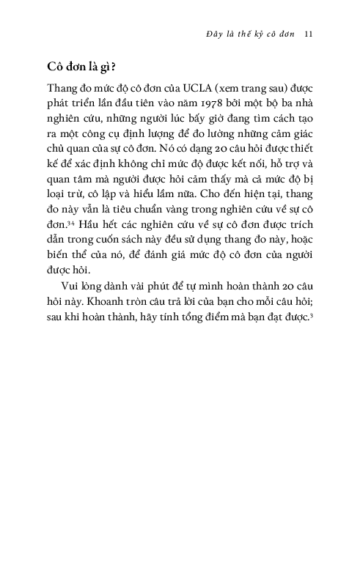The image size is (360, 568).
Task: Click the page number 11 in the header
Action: pyautogui.click(x=309, y=33)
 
